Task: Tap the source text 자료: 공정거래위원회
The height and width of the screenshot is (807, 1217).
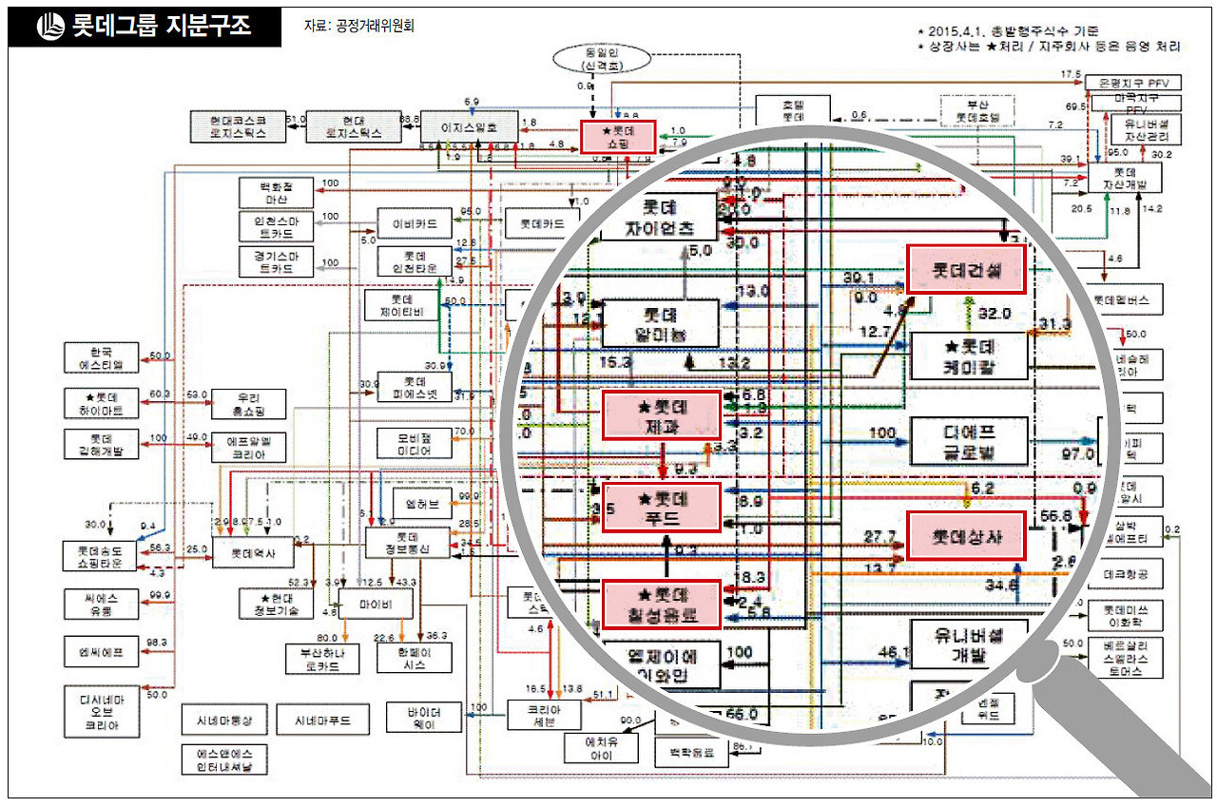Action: click(x=359, y=27)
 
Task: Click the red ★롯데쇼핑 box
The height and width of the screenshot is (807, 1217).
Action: click(x=616, y=136)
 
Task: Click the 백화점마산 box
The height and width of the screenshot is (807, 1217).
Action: click(x=275, y=193)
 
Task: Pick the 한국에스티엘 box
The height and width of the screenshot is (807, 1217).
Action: click(x=102, y=357)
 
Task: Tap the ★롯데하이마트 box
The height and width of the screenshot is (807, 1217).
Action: click(x=102, y=403)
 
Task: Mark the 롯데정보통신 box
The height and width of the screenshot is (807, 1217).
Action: click(x=407, y=543)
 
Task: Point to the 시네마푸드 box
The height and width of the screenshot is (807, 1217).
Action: click(x=316, y=721)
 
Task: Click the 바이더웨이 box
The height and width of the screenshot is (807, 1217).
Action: click(x=424, y=717)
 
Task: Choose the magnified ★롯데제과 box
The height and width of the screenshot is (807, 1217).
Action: click(x=661, y=416)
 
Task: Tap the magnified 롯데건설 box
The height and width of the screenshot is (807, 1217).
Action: click(x=967, y=269)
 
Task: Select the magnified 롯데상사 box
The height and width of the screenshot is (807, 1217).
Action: click(x=967, y=535)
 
